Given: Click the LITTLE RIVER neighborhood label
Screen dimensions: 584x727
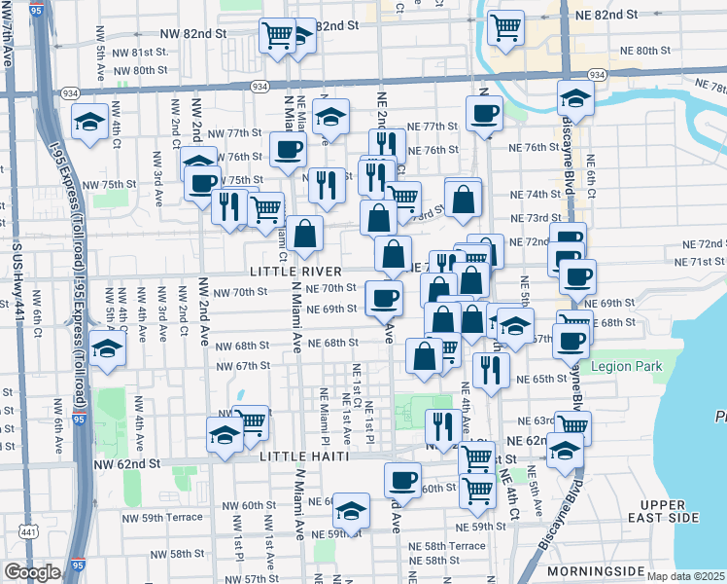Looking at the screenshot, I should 294,271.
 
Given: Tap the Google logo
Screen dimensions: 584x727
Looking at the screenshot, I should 32,572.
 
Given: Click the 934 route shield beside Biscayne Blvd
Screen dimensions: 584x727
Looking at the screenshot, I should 597,75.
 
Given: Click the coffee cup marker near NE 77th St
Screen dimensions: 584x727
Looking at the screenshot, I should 483,114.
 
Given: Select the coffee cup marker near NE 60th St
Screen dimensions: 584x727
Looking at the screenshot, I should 402,479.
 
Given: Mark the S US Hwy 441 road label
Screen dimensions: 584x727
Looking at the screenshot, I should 17,282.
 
